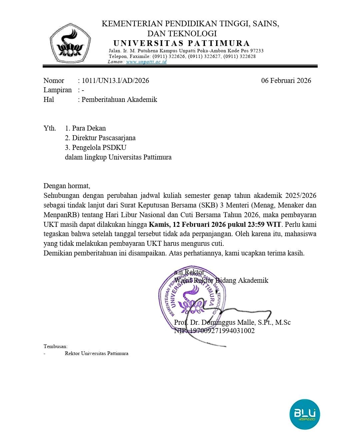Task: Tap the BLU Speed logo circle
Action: click(304, 414)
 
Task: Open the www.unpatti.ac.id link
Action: click(146, 62)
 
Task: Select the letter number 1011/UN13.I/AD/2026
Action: click(115, 81)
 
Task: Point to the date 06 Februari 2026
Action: click(286, 81)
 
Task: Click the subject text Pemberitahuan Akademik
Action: click(119, 100)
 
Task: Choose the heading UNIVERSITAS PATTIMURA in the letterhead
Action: click(181, 43)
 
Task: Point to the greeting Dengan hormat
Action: click(67, 186)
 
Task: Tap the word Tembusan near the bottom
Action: click(55, 346)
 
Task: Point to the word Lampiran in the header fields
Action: click(57, 90)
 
